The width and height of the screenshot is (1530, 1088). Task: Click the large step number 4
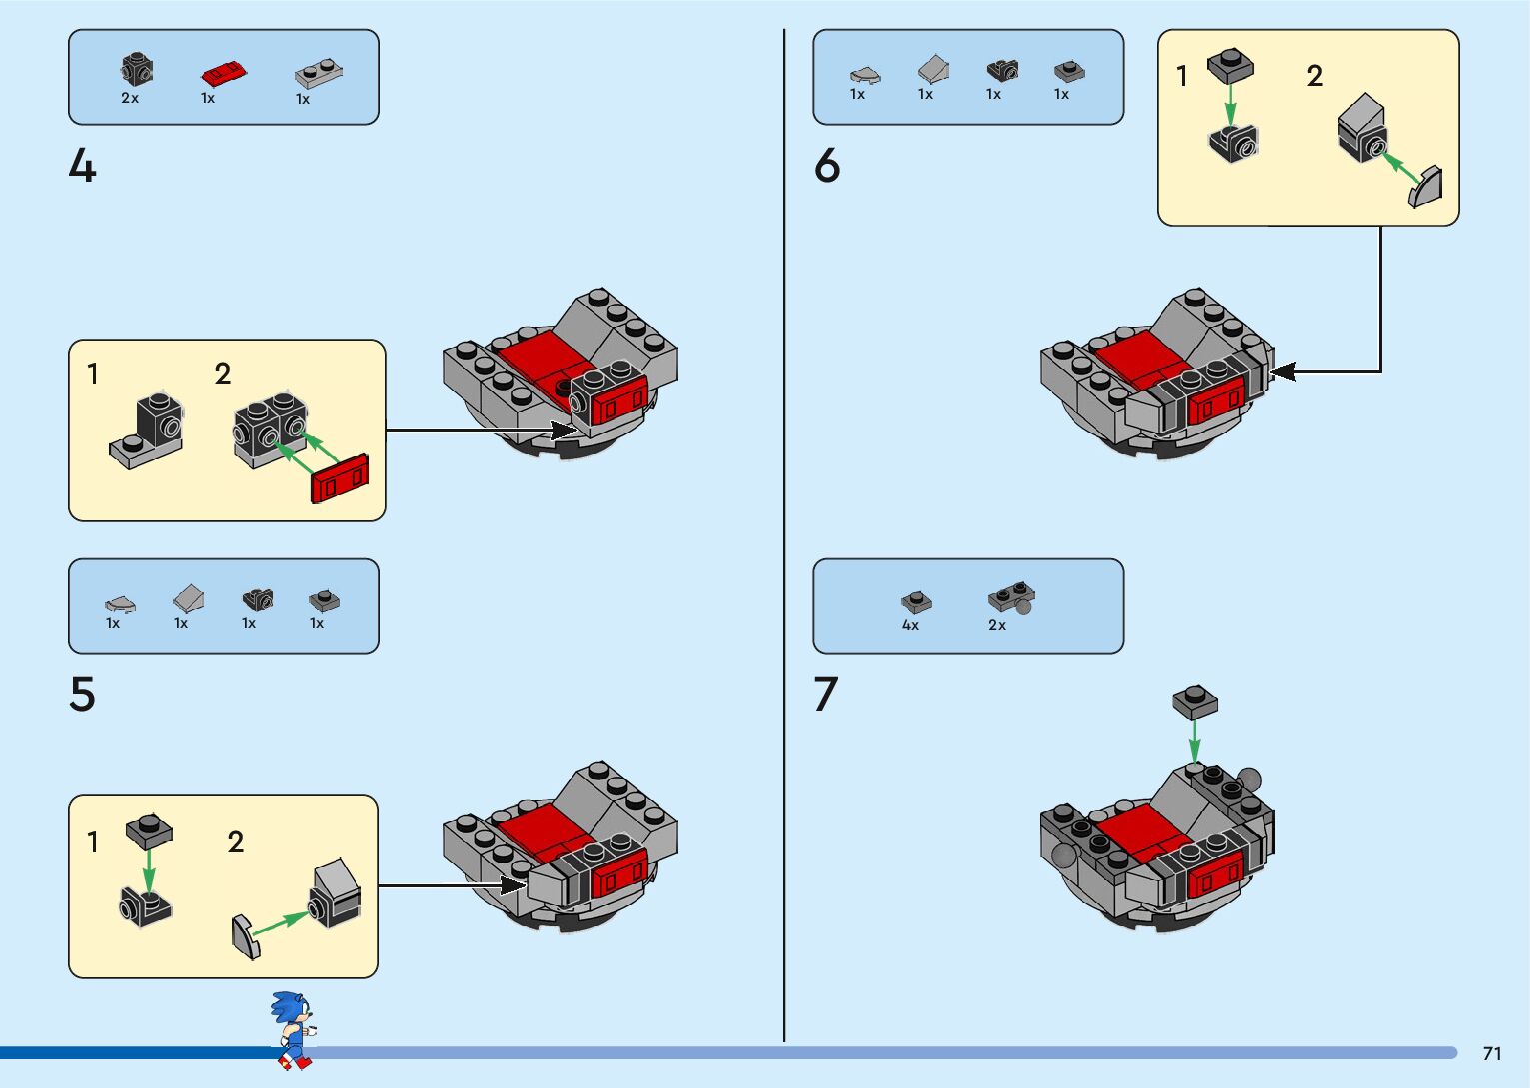83,166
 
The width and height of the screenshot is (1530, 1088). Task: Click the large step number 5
83,694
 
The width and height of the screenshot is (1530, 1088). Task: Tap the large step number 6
827,166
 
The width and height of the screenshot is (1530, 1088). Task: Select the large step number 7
825,694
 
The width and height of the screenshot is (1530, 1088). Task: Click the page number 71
1492,1053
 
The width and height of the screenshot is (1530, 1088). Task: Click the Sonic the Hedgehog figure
293,1030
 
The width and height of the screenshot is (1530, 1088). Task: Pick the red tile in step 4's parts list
224,74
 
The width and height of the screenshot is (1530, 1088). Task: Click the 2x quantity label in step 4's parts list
130,98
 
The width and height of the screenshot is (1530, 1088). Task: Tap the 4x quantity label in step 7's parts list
910,625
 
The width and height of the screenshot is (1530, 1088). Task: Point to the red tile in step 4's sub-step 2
340,478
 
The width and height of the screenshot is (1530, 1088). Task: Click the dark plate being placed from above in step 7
1195,701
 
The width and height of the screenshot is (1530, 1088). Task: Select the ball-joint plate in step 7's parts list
1011,598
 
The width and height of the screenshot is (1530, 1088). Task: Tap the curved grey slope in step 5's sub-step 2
245,936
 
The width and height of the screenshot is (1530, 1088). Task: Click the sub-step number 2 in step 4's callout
223,374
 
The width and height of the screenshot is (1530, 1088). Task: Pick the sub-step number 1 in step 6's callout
1182,76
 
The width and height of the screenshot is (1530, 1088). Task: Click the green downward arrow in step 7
1195,740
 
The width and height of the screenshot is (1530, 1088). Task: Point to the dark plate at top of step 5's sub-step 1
149,829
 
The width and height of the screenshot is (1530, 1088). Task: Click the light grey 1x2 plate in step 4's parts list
319,74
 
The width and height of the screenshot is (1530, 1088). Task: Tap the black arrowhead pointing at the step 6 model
1282,372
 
